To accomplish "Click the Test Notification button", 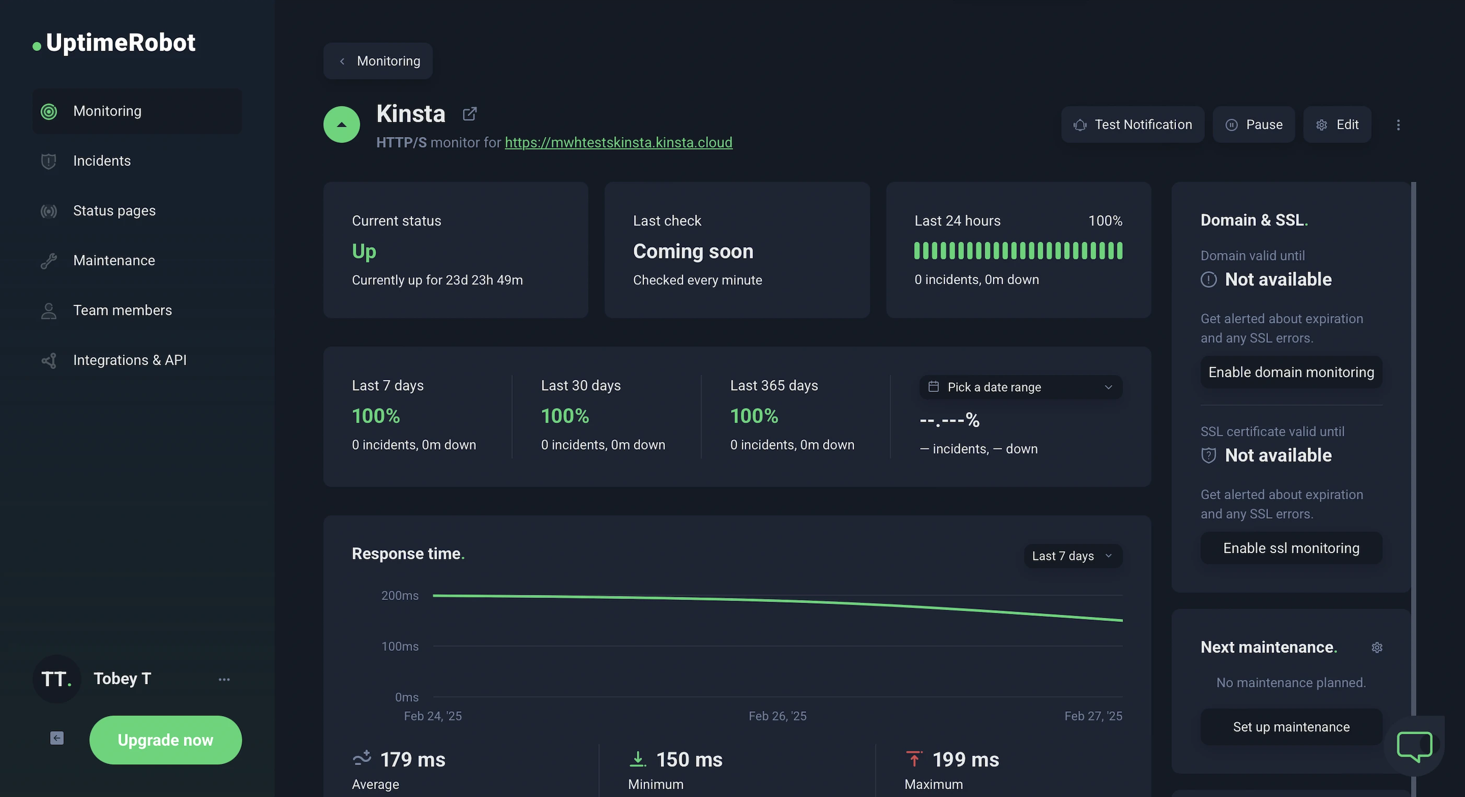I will click(x=1132, y=124).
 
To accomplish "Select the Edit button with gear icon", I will click(x=1336, y=124).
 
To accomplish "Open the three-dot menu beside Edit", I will click(x=1399, y=124).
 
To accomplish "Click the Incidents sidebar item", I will click(x=102, y=161).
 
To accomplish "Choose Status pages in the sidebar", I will click(x=114, y=210).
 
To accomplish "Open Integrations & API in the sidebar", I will click(x=130, y=360).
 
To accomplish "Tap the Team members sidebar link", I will click(x=122, y=310).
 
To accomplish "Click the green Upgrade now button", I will click(x=166, y=740).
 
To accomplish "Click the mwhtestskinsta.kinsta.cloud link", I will click(x=618, y=142).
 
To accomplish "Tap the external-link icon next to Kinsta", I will click(x=470, y=114).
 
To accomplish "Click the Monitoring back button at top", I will click(x=378, y=61).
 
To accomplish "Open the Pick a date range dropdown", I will click(x=1021, y=387).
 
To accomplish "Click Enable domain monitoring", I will click(x=1291, y=372).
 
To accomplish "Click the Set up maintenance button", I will click(x=1291, y=726).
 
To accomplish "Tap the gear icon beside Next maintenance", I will click(x=1377, y=648).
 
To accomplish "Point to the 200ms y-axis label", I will click(x=400, y=596).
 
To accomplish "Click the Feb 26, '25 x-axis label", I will click(x=777, y=716).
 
